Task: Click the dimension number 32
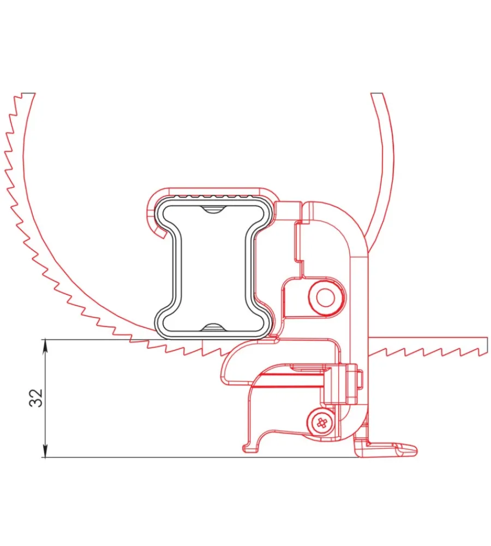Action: (x=36, y=397)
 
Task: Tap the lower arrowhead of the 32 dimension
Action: (x=45, y=452)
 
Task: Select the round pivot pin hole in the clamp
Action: (x=326, y=298)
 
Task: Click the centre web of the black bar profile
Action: (x=213, y=268)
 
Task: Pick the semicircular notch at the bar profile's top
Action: (x=213, y=209)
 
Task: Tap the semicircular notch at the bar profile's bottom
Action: (x=213, y=327)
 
